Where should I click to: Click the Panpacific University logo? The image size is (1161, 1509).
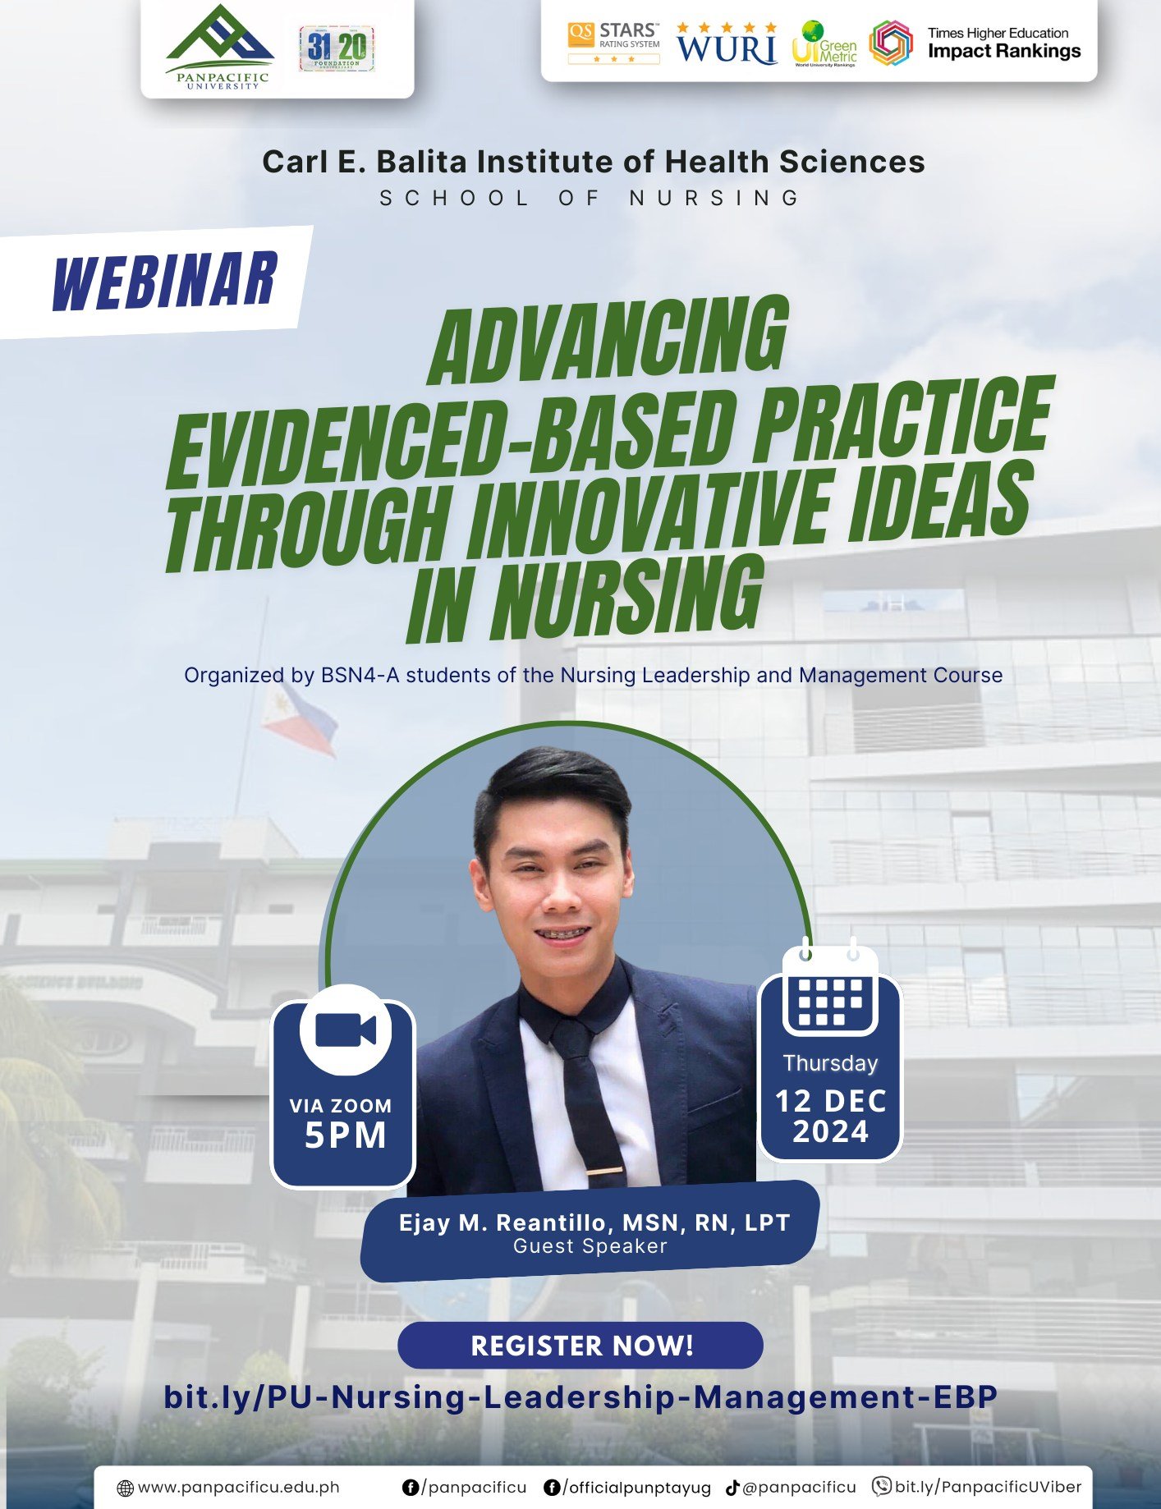(218, 48)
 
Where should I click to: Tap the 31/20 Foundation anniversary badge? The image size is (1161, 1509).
(337, 48)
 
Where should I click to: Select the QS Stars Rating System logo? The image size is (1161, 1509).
(613, 43)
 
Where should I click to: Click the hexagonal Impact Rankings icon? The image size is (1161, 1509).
(891, 44)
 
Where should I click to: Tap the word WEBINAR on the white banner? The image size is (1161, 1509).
(164, 281)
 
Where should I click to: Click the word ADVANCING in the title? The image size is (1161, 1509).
(608, 340)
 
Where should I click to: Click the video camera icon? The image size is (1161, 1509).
(345, 1030)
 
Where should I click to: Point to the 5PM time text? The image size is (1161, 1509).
(345, 1135)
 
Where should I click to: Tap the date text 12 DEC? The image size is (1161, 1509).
(830, 1101)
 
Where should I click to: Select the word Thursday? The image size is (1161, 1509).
(830, 1063)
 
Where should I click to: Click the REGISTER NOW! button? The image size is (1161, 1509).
(580, 1346)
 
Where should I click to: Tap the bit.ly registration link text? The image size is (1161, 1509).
(580, 1397)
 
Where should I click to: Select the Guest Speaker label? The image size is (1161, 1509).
(590, 1246)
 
